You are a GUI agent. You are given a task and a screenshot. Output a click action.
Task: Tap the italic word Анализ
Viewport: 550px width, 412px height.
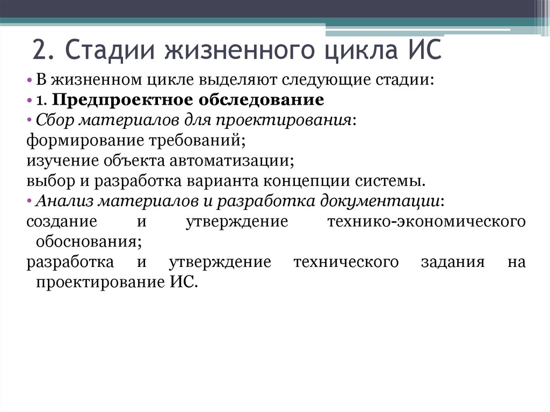[x=62, y=201]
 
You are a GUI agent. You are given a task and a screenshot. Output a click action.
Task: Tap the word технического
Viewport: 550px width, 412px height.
[x=346, y=262]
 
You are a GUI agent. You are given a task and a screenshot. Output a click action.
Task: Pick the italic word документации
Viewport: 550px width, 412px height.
[x=381, y=201]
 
